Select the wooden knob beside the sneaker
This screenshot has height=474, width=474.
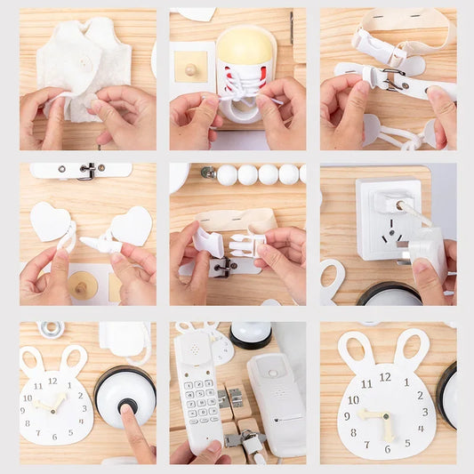191,68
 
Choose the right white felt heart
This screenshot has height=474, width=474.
132,226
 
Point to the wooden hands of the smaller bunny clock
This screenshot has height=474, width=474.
52,403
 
